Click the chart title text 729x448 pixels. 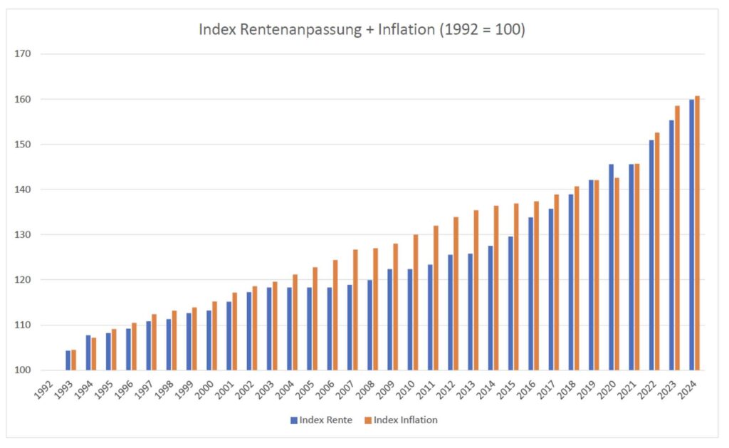point(361,31)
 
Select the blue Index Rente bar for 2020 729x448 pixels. point(611,267)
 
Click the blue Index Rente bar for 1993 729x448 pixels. point(68,360)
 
